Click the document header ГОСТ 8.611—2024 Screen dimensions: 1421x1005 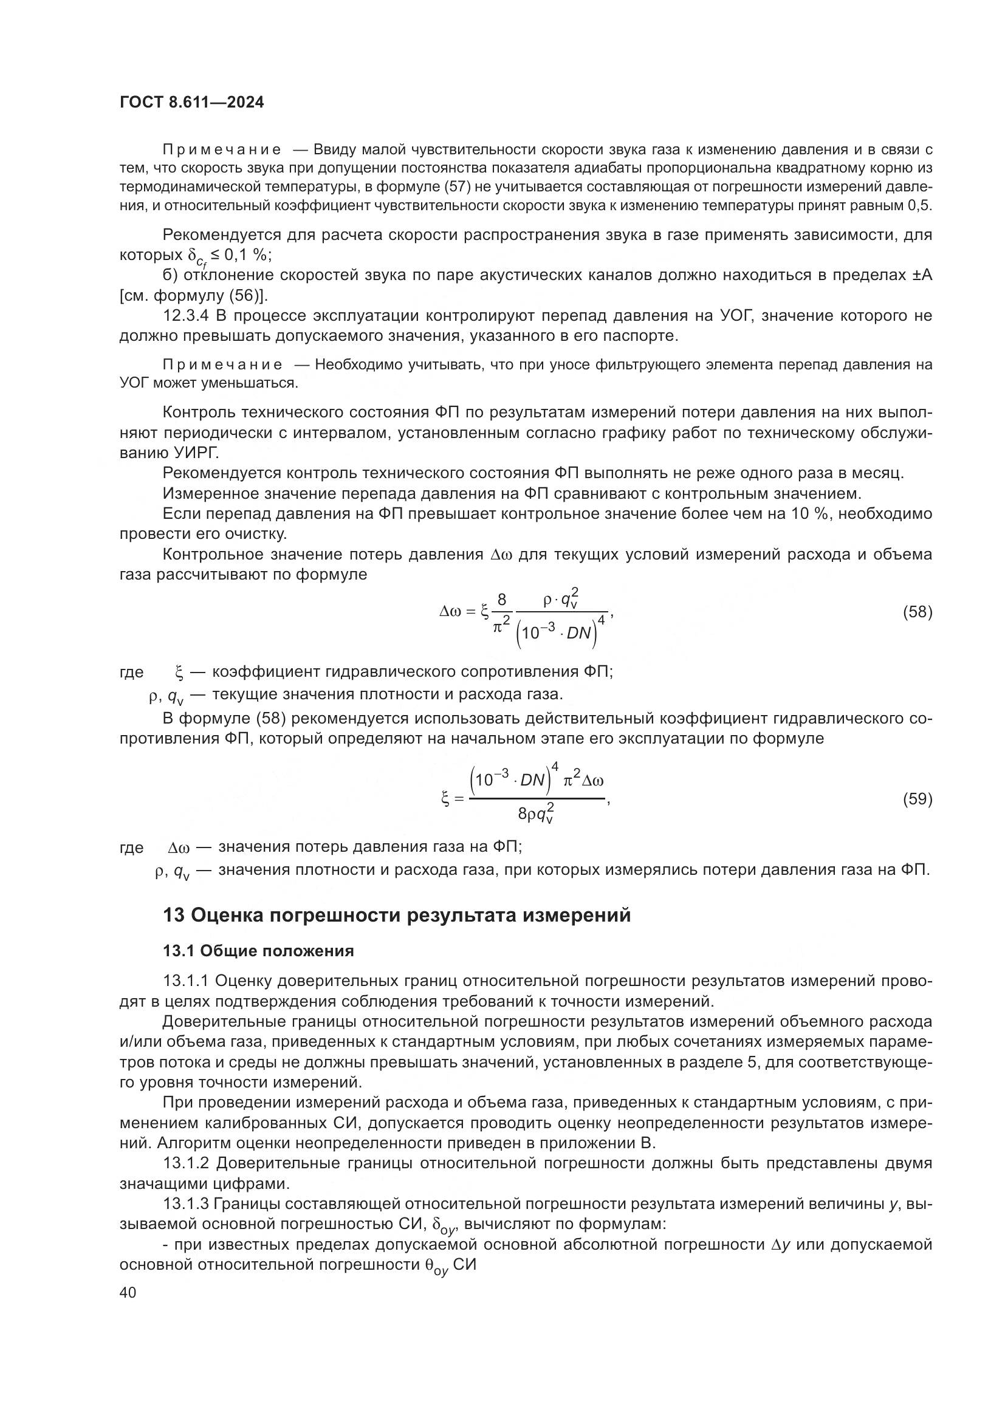(x=191, y=102)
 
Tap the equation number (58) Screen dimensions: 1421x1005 (x=917, y=612)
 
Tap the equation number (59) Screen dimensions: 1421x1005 (x=917, y=799)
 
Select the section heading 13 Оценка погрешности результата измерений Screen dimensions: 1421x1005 (x=397, y=915)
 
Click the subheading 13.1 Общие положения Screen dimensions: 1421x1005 (x=258, y=951)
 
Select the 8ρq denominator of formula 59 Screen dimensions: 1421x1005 (x=536, y=815)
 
